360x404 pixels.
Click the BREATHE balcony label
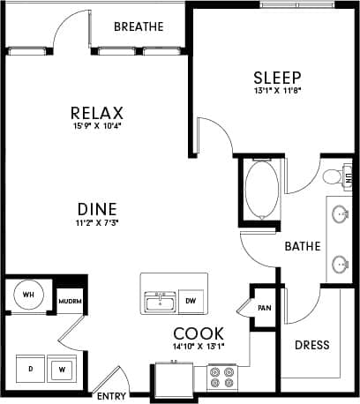[x=139, y=26]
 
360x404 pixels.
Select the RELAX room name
[x=97, y=113]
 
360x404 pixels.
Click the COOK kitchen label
[x=198, y=333]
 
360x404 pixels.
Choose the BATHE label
[x=302, y=247]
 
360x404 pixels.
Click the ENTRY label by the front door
[x=111, y=396]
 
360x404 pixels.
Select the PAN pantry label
[x=263, y=308]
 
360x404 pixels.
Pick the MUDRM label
[x=70, y=300]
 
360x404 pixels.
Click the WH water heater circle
[x=27, y=296]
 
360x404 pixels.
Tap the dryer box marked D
[x=30, y=367]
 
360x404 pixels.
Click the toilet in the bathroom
[x=334, y=176]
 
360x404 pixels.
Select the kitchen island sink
[x=161, y=302]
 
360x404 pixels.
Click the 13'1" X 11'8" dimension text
[x=277, y=91]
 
